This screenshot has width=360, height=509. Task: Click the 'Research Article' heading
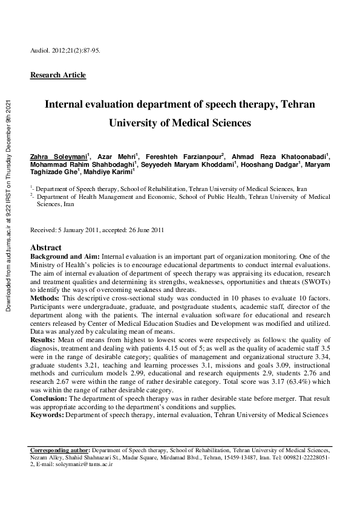coord(58,75)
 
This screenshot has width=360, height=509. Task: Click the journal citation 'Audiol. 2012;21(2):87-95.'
coord(65,50)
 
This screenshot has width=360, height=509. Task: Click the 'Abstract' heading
coord(45,248)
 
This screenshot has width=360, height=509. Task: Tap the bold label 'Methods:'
coord(45,299)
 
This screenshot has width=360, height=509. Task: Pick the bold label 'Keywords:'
coord(47,415)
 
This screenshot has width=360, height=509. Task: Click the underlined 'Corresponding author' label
coord(60,450)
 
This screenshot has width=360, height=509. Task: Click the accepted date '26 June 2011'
coord(145,230)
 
